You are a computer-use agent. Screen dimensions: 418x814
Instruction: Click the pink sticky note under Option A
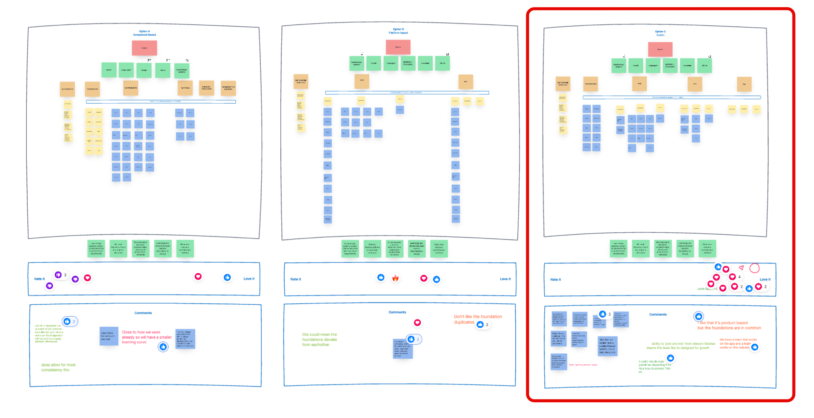click(144, 48)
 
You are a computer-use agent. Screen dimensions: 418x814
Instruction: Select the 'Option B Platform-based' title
click(398, 31)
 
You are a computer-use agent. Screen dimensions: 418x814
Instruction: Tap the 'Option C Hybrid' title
click(660, 33)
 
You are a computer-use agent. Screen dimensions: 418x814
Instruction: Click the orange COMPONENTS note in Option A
click(131, 88)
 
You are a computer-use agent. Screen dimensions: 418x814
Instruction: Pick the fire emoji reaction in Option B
click(395, 278)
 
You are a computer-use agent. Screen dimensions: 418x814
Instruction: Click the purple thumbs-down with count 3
click(59, 275)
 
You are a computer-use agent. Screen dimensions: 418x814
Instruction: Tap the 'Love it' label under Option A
click(249, 279)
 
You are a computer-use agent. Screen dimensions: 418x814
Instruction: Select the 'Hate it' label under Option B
click(295, 279)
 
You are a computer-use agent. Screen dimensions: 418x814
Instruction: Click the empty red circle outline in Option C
click(754, 268)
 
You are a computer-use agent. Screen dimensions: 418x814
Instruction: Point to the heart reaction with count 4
click(732, 277)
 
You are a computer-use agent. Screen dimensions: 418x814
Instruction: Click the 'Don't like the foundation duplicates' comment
click(478, 319)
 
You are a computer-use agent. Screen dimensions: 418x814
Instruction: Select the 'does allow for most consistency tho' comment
click(58, 367)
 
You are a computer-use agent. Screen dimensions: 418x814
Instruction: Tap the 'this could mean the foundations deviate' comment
click(319, 339)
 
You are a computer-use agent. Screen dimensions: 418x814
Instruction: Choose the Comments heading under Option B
click(397, 312)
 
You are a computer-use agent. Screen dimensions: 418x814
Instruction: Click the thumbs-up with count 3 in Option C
click(603, 314)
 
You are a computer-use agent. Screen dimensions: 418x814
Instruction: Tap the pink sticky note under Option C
click(660, 50)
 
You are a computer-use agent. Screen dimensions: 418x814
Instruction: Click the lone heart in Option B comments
click(417, 323)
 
